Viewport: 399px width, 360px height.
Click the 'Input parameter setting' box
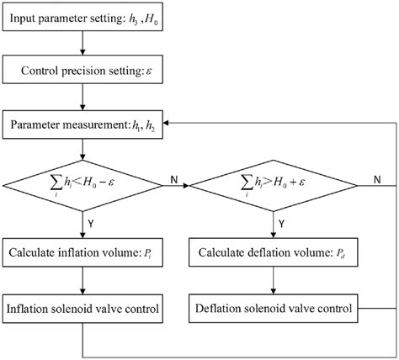tap(82, 17)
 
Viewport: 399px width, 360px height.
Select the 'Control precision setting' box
tap(82, 69)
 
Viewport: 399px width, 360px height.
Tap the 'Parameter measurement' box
tap(82, 124)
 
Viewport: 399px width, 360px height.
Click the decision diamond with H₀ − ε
tap(82, 186)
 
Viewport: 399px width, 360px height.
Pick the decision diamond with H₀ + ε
tap(274, 186)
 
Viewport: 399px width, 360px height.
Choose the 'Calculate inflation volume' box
tap(82, 252)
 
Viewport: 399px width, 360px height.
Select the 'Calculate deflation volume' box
tap(274, 252)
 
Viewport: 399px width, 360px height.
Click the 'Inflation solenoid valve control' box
tap(82, 309)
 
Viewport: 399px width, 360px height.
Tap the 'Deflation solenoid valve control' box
tap(274, 309)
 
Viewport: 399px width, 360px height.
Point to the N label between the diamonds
tap(174, 180)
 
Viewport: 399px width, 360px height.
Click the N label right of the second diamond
tap(377, 179)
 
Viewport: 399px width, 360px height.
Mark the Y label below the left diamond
tap(91, 224)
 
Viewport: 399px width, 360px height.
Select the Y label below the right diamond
tap(281, 224)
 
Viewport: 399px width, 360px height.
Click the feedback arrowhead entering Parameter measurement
tap(166, 123)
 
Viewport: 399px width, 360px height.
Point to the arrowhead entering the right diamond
tap(187, 186)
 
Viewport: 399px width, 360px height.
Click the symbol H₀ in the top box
tap(152, 19)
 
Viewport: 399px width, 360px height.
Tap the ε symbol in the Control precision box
tap(148, 71)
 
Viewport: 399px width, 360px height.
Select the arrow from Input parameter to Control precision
tap(82, 43)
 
